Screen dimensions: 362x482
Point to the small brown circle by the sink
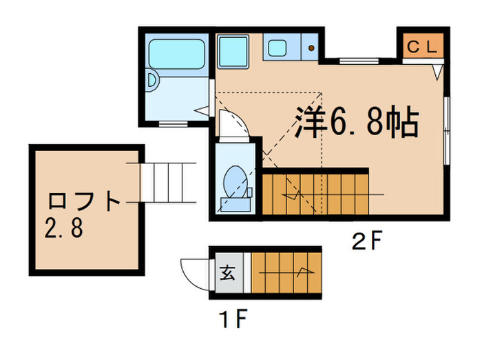coord(311,48)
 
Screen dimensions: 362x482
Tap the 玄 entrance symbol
coord(227,272)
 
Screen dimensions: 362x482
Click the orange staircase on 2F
coord(315,194)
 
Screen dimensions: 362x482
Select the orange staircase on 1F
coord(284,272)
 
